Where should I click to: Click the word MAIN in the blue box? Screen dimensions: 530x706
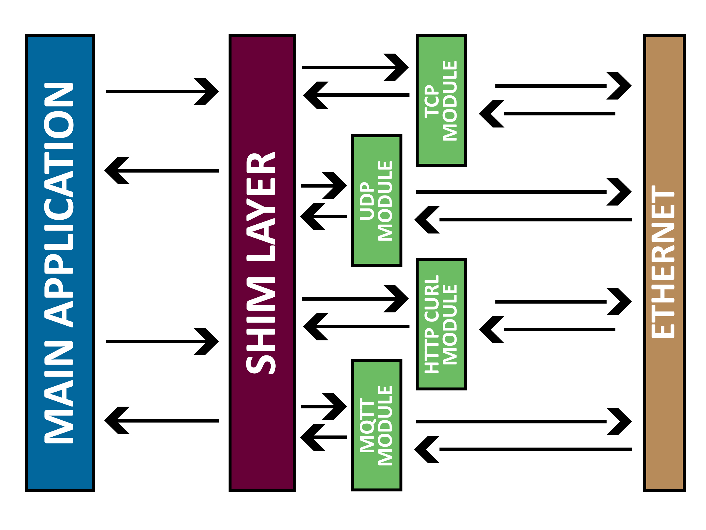click(x=59, y=392)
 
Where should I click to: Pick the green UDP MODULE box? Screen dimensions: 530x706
click(x=376, y=201)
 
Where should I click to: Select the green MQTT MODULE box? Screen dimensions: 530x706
click(x=376, y=425)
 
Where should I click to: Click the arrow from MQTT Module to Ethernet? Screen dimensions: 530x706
click(x=523, y=422)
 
